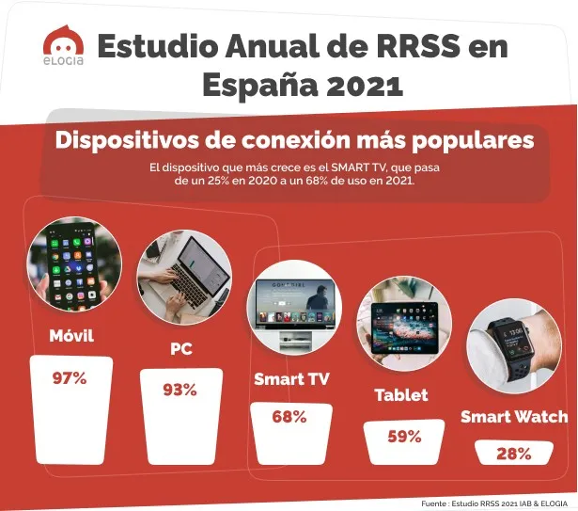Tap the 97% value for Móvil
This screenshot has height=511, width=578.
click(x=69, y=378)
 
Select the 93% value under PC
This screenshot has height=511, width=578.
click(x=180, y=390)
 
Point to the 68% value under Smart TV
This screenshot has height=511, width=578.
click(x=289, y=417)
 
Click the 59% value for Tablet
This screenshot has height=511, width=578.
click(x=404, y=437)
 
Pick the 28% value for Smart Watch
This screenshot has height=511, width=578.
click(x=513, y=454)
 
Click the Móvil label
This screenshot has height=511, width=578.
click(x=71, y=335)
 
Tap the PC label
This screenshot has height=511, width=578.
click(x=181, y=349)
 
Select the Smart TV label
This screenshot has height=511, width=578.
click(x=291, y=380)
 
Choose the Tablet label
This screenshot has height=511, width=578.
click(x=401, y=395)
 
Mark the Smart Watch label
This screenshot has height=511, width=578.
click(x=513, y=416)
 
